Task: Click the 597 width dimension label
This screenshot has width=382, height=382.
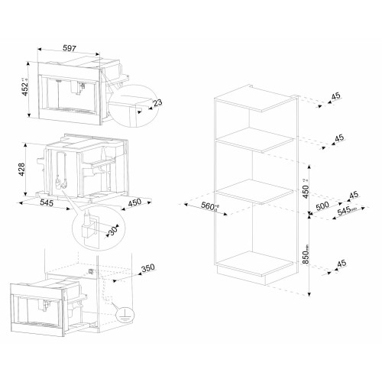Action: coord(70,48)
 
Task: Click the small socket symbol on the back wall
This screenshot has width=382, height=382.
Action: coord(92,268)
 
